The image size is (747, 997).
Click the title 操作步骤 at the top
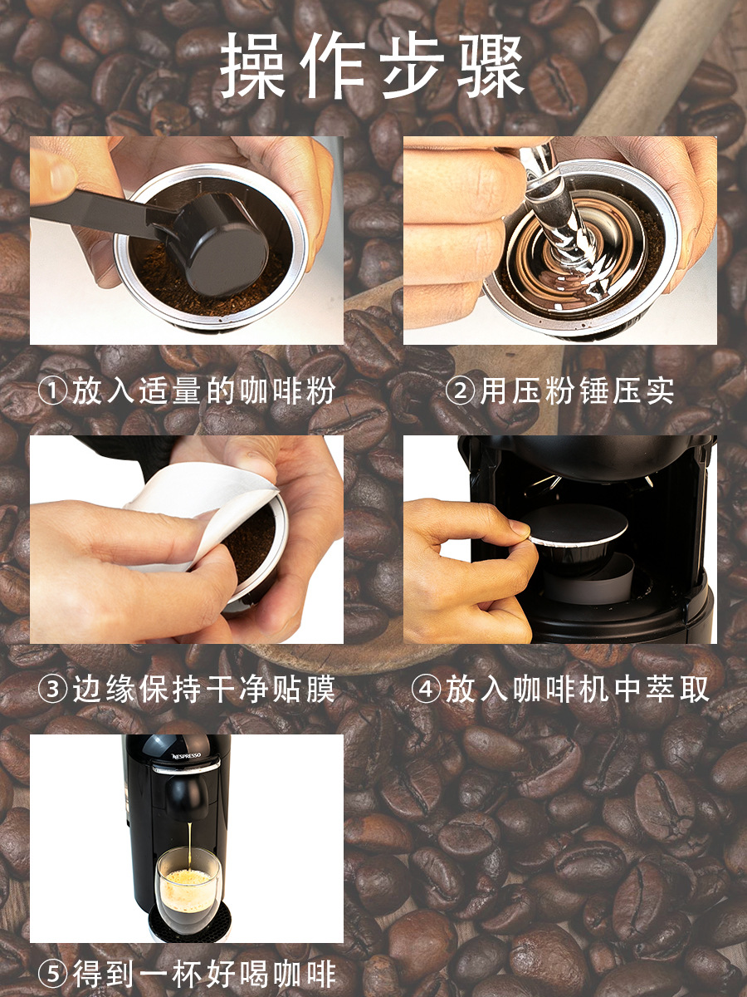click(373, 66)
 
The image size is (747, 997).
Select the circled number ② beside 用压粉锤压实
click(461, 390)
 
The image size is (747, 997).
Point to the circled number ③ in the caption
click(53, 688)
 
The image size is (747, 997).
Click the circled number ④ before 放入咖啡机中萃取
click(426, 688)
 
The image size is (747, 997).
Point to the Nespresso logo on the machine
click(186, 756)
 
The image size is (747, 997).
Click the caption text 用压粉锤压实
click(577, 390)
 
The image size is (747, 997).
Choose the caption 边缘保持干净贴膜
click(204, 689)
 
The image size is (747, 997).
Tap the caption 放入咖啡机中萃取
click(577, 689)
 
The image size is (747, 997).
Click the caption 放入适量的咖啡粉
click(204, 390)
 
